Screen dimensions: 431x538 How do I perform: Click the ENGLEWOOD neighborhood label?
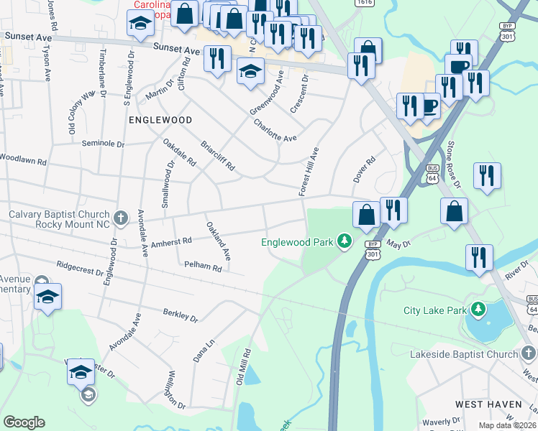pos(160,120)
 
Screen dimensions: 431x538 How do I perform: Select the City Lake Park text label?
pos(434,310)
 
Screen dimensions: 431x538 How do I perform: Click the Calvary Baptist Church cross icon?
pos(121,215)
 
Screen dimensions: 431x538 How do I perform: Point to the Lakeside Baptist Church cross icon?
pos(529,353)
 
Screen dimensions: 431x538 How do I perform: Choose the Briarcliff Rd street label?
pos(218,154)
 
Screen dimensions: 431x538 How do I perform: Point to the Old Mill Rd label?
pos(242,367)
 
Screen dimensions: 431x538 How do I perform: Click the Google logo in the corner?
pos(24,422)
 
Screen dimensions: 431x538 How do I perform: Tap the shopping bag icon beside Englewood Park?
pos(366,214)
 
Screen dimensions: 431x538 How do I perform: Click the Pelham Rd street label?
pos(202,266)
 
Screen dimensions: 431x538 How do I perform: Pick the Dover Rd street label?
pos(364,170)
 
